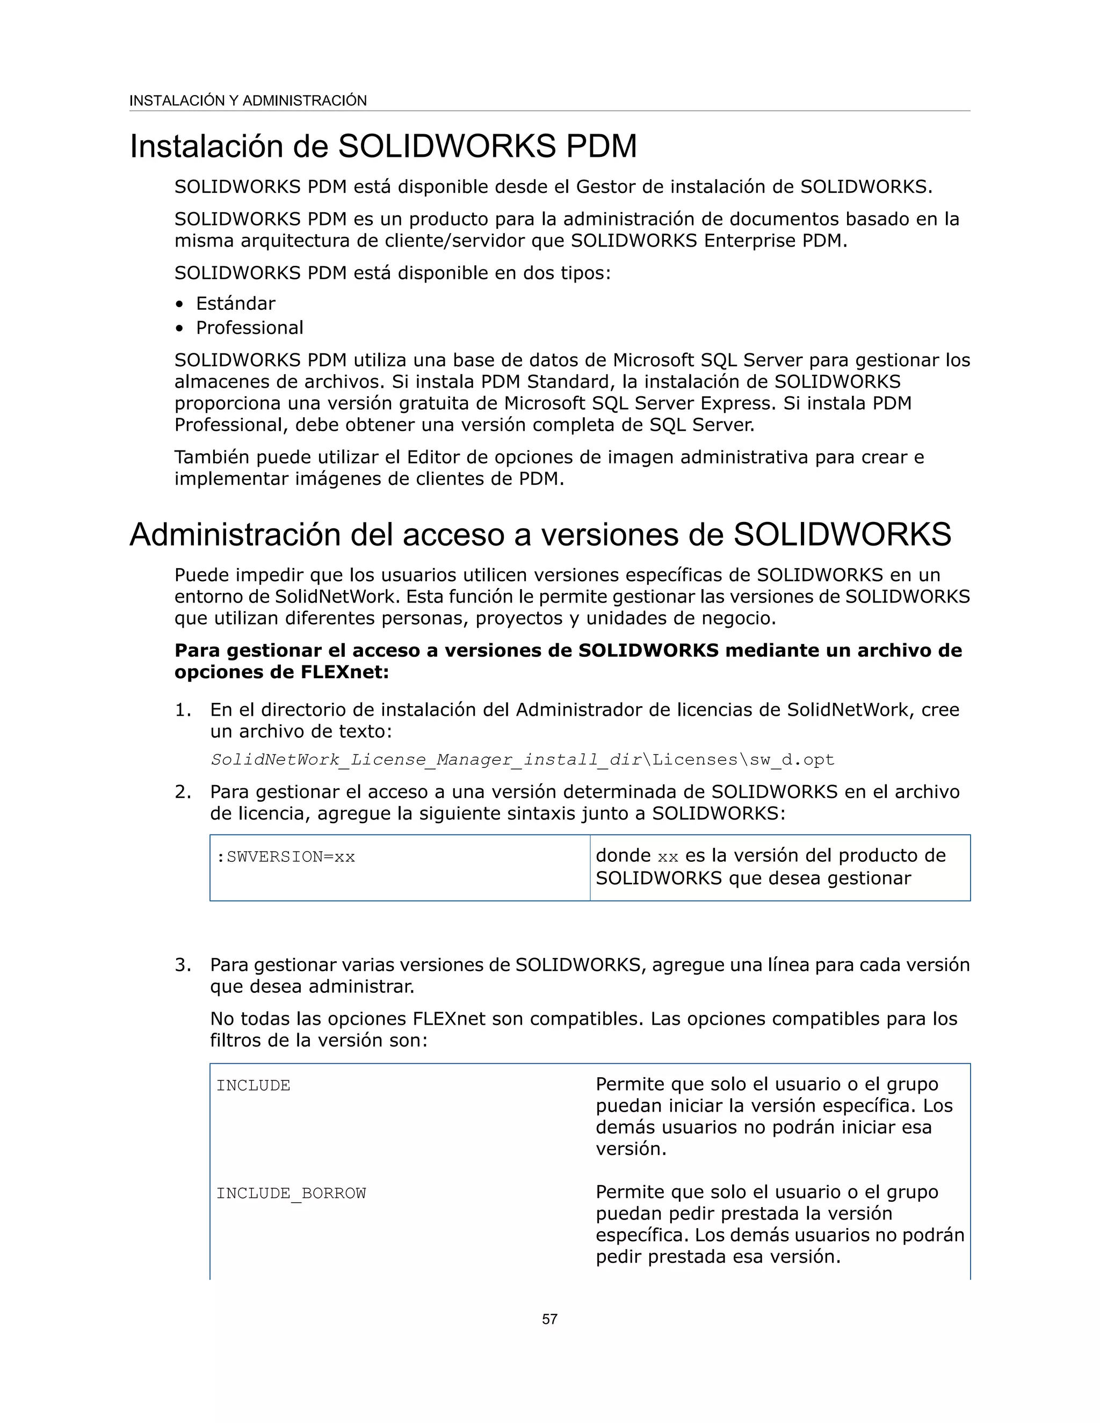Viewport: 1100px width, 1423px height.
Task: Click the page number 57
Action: click(x=549, y=1319)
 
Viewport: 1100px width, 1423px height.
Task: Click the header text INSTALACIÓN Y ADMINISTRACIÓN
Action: click(x=248, y=100)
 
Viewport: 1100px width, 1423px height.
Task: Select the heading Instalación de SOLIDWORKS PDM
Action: click(x=383, y=146)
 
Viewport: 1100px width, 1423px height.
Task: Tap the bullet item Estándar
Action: click(x=235, y=303)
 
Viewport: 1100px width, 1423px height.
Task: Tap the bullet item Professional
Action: click(x=250, y=328)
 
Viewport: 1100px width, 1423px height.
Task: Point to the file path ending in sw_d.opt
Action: click(x=522, y=760)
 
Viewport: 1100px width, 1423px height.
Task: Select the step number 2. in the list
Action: click(x=183, y=792)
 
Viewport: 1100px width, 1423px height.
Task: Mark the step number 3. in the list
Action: click(x=183, y=964)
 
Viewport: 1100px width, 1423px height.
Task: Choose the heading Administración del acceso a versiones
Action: click(x=540, y=534)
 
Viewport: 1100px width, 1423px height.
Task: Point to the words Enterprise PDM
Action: click(x=775, y=241)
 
